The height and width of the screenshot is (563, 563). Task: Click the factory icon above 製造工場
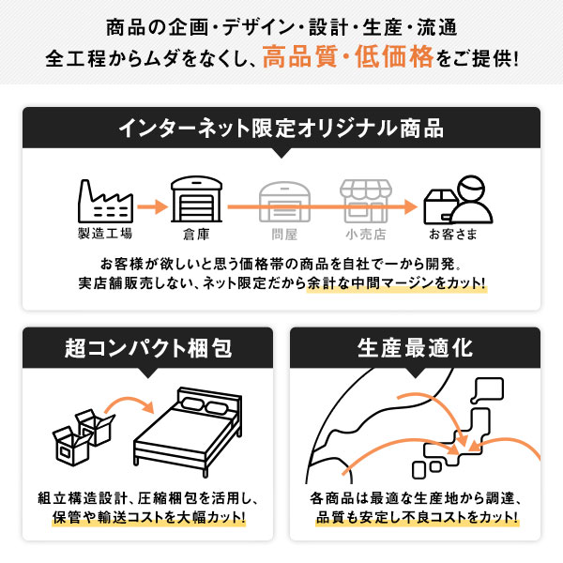(x=103, y=200)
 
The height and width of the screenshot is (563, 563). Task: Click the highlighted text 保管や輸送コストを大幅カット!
(x=148, y=517)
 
